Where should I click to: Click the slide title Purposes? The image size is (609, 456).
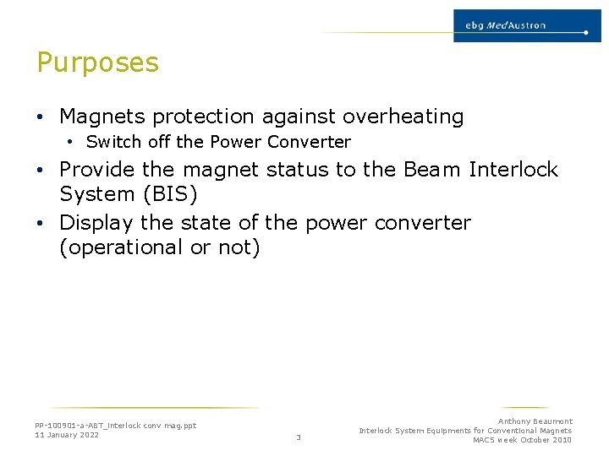click(x=97, y=63)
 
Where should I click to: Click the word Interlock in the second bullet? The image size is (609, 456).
click(x=513, y=170)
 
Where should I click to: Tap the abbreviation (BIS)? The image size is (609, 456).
click(x=170, y=195)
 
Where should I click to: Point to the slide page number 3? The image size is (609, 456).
click(x=299, y=437)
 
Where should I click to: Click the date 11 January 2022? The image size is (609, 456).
click(x=67, y=435)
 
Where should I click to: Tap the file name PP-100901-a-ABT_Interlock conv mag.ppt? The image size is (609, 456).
click(x=115, y=426)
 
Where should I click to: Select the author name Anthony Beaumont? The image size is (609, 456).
click(x=535, y=421)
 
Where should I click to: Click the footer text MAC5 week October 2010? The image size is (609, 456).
click(x=522, y=440)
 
